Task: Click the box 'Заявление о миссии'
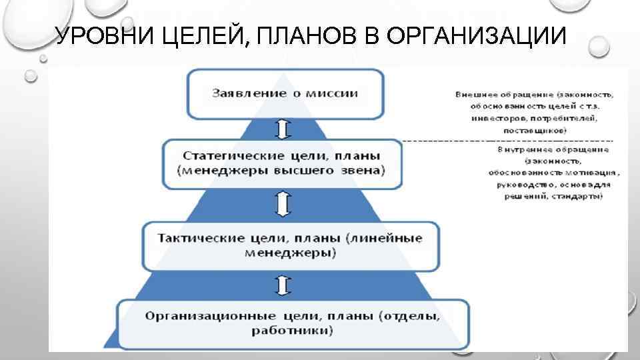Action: pyautogui.click(x=285, y=93)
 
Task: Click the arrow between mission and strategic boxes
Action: pyautogui.click(x=283, y=128)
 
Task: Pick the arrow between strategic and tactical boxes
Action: pyautogui.click(x=283, y=203)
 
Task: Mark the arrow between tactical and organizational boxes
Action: pyautogui.click(x=283, y=285)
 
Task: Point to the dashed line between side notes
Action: pyautogui.click(x=507, y=141)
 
